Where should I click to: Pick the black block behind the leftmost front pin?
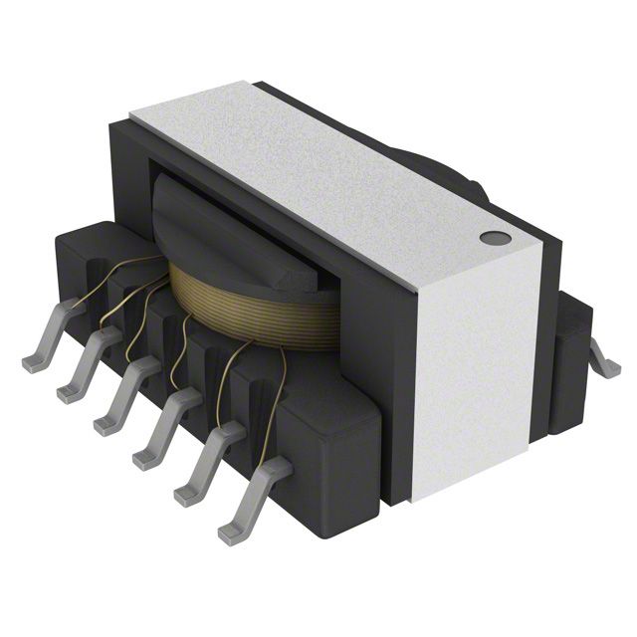pos(85,259)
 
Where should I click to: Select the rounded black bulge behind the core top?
pos(438,169)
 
